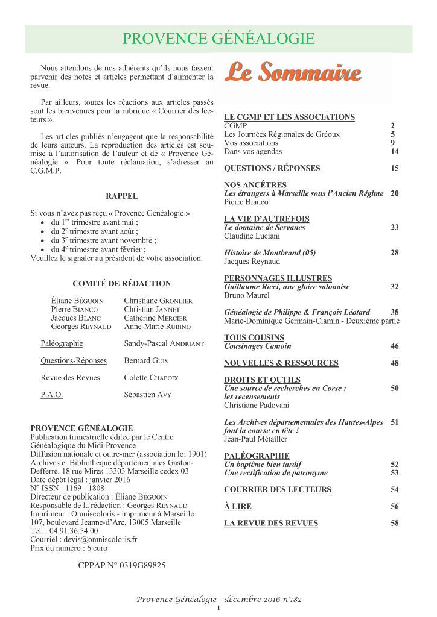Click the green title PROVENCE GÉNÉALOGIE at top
pos(218,39)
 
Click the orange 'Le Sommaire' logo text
pos(293,73)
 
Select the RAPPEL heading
pos(122,196)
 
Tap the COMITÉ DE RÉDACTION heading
pos(122,283)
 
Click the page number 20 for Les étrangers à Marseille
pos(395,193)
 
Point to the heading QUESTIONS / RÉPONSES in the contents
pos(272,168)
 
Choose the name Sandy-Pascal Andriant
pos(164,343)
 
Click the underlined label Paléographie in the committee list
pos(62,343)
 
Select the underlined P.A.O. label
pos(51,395)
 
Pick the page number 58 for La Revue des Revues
pos(395,523)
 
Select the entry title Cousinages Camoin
pos(258,346)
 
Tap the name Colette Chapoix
pos(151,378)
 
